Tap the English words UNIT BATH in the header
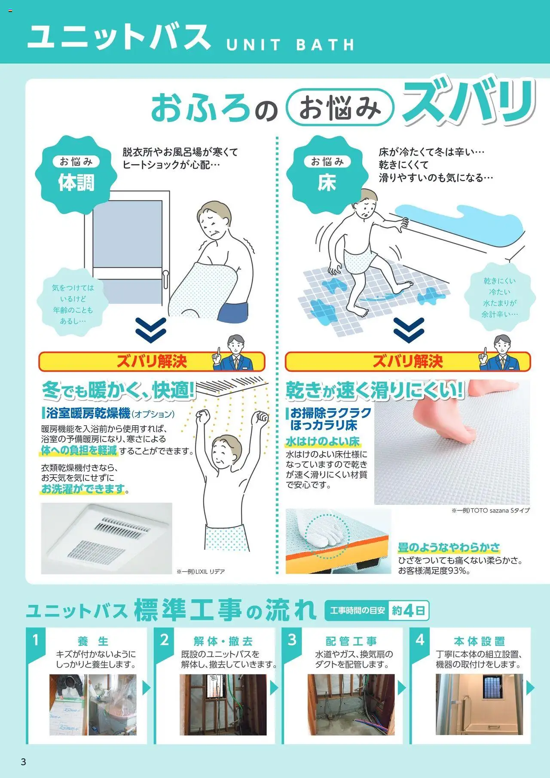tap(290, 45)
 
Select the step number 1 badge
tap(36, 641)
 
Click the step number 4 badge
tap(420, 641)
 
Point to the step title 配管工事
tap(351, 641)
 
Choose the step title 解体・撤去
tap(223, 641)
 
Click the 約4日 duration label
tap(409, 610)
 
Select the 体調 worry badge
tap(76, 175)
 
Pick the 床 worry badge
tap(327, 175)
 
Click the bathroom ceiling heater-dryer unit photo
tap(107, 538)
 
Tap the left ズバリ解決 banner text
tap(152, 361)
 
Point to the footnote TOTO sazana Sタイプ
tap(490, 510)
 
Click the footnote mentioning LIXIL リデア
tap(201, 571)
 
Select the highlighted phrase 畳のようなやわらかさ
tap(449, 547)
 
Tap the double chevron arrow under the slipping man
tap(409, 330)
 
